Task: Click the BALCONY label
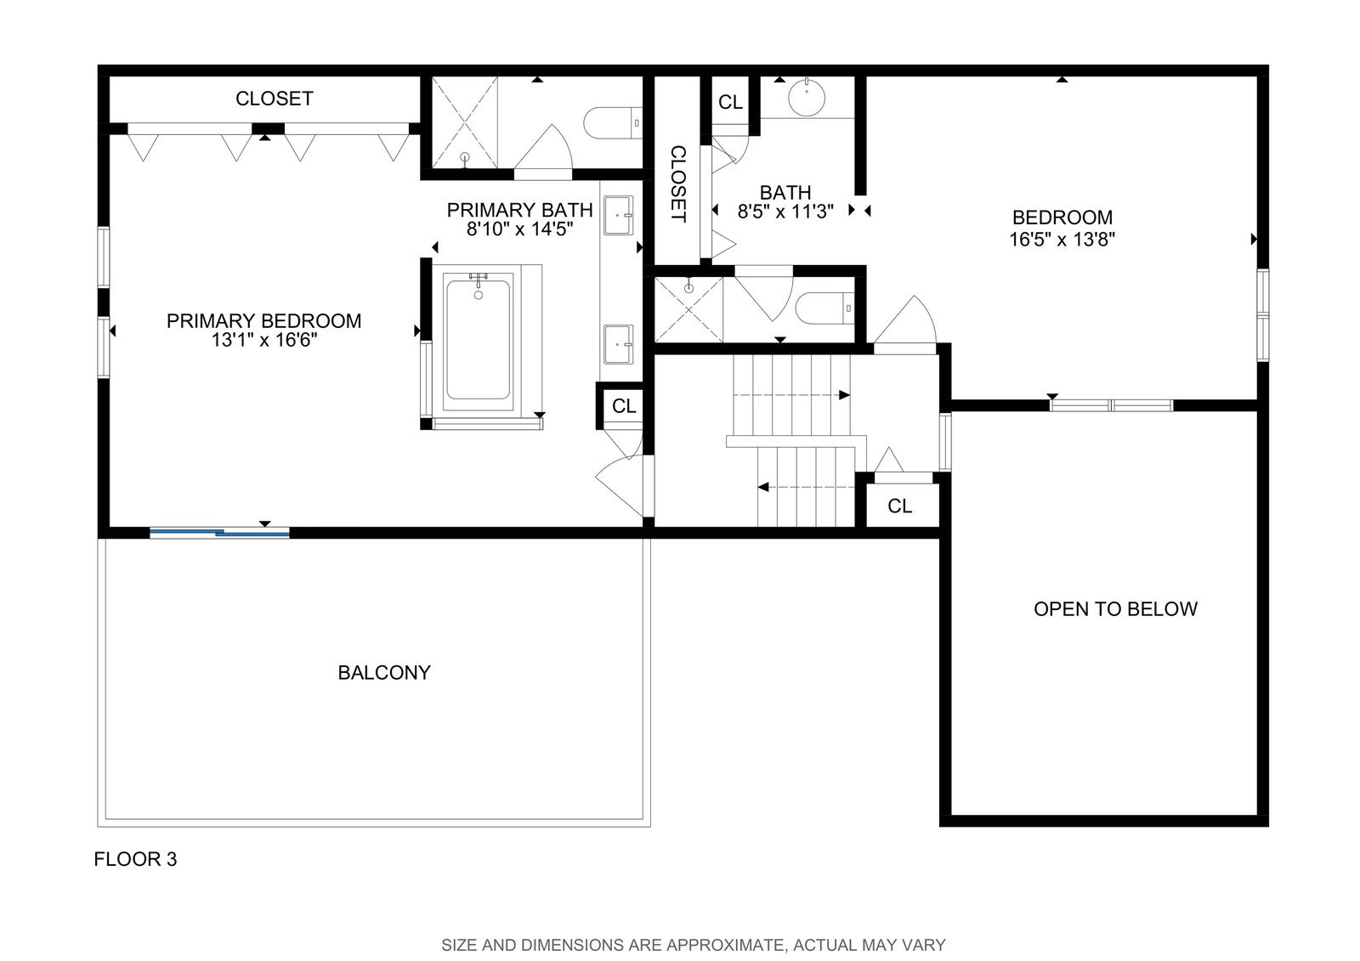coord(383,673)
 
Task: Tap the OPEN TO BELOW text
coord(1115,609)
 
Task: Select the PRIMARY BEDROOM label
coord(263,320)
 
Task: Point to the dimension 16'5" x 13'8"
coord(1062,239)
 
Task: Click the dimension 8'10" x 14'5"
coord(519,229)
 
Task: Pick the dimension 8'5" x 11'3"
coord(785,212)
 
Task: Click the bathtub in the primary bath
coord(479,339)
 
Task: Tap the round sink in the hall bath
coord(807,97)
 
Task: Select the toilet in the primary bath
coord(613,123)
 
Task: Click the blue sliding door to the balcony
coord(220,533)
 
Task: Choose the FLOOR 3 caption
coord(135,859)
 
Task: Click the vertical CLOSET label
coord(677,184)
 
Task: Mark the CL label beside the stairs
coord(900,506)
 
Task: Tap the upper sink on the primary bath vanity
coord(618,215)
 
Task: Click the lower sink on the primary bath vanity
coord(618,344)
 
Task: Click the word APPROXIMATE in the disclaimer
coord(707,945)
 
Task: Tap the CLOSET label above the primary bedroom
coord(274,99)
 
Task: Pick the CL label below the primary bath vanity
coord(624,406)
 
